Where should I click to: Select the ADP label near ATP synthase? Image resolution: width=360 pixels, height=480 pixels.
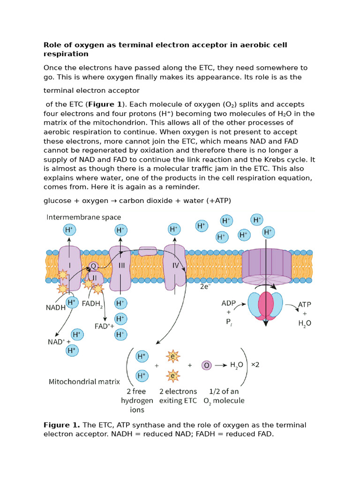coord(228,303)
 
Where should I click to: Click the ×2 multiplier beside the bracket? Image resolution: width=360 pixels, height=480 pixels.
coord(255,365)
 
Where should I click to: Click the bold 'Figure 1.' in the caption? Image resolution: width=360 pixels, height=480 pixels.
coord(62,425)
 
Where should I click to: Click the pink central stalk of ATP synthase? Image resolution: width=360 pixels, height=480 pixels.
coord(266,307)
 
